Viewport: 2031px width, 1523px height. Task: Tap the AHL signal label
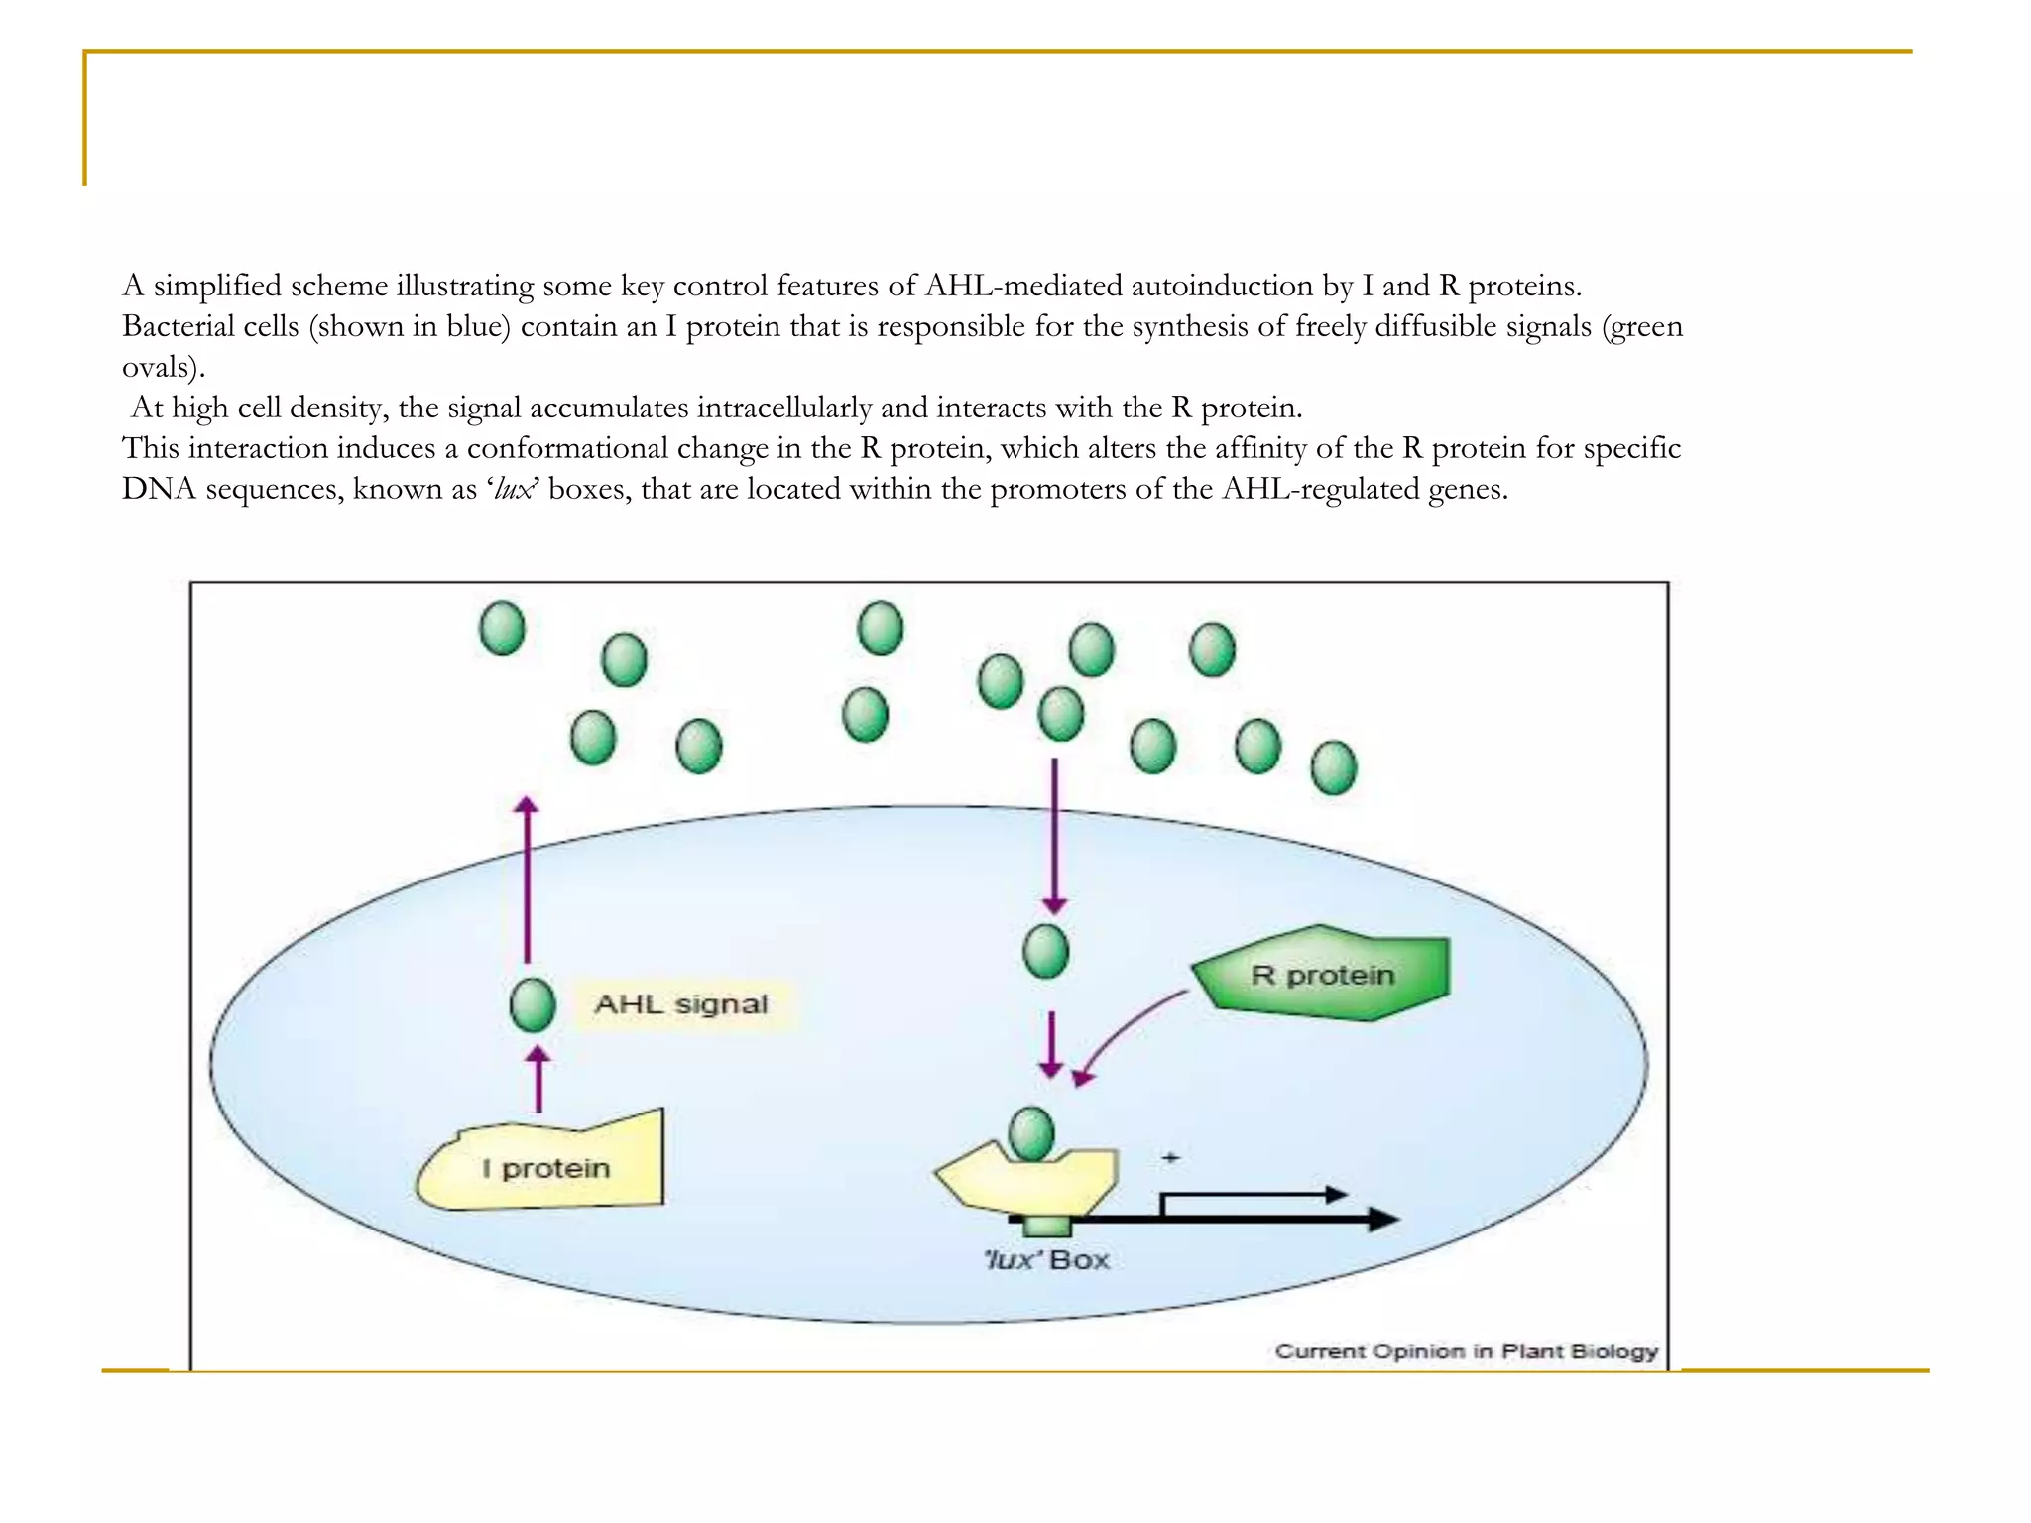681,1004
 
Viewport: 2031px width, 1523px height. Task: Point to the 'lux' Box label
1047,1260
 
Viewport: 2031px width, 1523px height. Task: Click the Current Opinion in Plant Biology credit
1466,1350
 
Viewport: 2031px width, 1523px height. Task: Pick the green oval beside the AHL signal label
533,1004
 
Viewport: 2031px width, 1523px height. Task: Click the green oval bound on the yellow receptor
1031,1134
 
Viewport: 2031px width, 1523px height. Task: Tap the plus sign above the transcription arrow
1171,1157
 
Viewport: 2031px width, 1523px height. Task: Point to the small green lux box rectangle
1047,1228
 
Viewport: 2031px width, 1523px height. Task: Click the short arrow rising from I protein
538,1081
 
